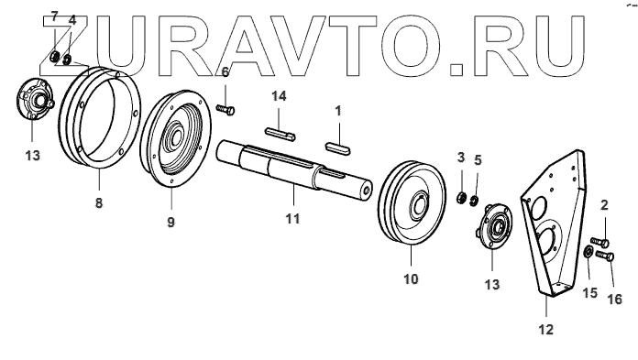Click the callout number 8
[99, 202]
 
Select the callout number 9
[170, 222]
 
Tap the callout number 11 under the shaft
[292, 218]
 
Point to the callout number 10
[411, 279]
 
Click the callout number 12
[546, 329]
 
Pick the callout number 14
[279, 96]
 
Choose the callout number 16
[615, 299]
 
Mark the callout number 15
[590, 292]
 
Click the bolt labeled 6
[225, 109]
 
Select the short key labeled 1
[337, 147]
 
